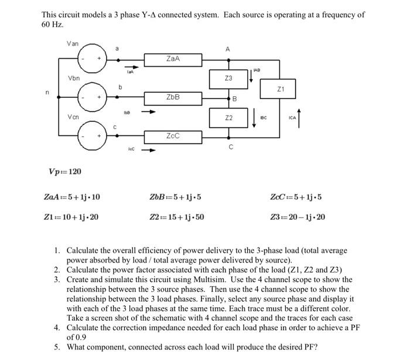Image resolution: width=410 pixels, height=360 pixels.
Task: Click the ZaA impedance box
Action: (173, 59)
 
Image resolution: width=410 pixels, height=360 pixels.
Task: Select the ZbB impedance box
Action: (173, 97)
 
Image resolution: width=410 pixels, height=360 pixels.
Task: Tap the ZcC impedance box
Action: (173, 135)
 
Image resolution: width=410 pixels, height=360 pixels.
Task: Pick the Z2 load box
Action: (229, 118)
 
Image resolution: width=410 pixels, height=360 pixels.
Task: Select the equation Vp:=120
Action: (64, 171)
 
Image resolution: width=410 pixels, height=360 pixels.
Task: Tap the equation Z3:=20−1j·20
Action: (298, 217)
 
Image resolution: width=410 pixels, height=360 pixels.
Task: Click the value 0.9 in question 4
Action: (76, 338)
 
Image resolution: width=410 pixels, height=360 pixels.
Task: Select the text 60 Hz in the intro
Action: (53, 25)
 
